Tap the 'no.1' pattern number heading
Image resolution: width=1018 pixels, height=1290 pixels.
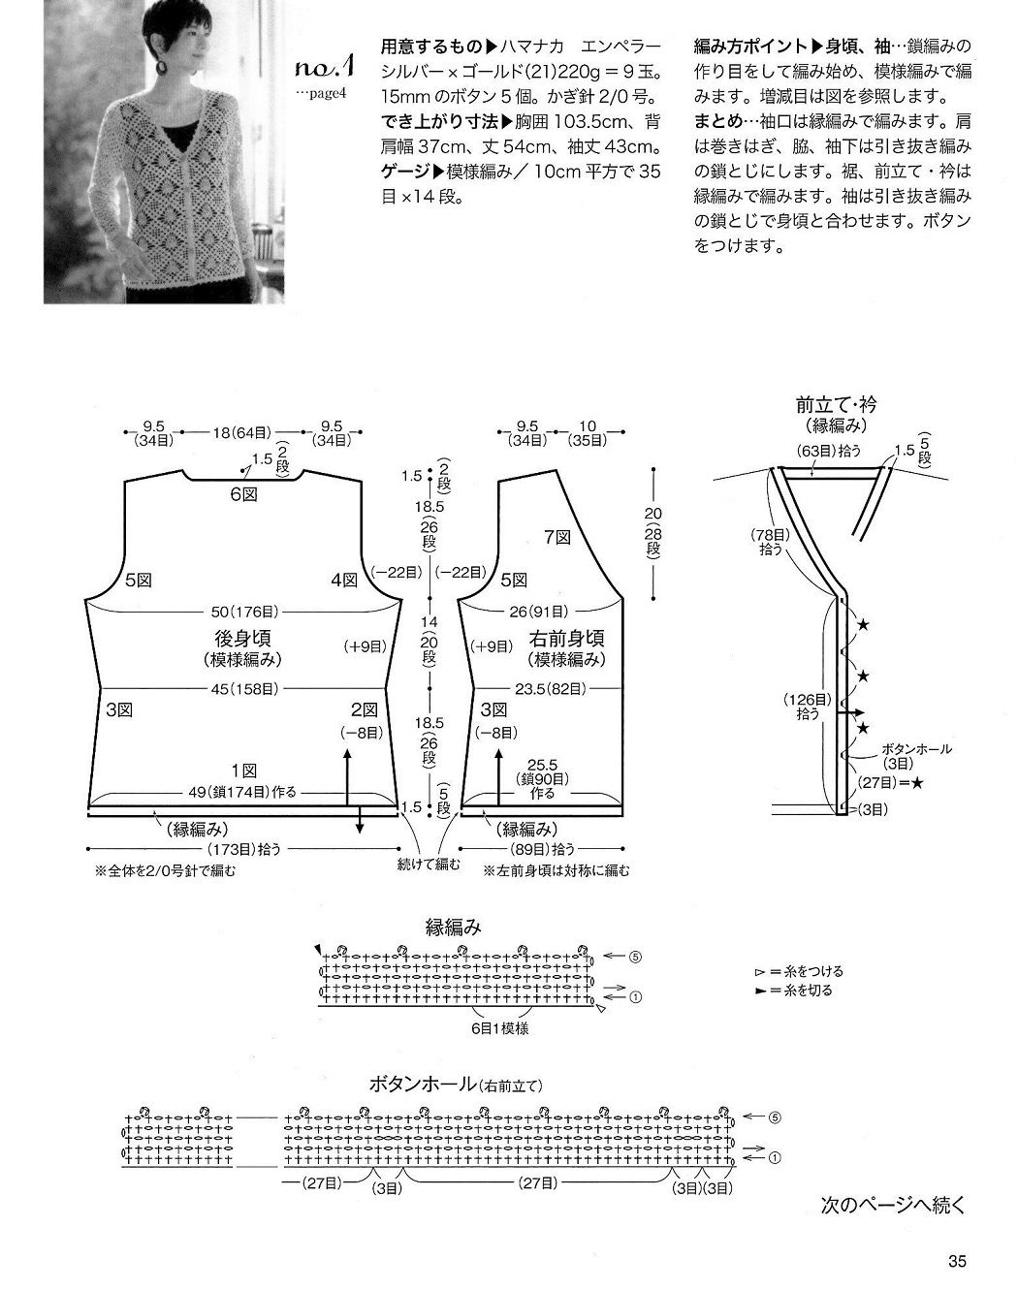(325, 68)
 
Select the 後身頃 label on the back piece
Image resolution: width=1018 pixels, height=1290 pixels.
(242, 638)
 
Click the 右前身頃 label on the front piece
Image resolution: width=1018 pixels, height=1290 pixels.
(566, 638)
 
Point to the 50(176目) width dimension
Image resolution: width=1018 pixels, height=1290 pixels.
(244, 612)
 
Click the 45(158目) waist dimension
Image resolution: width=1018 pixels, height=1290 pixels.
(244, 689)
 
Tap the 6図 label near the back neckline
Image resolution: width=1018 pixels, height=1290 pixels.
(244, 494)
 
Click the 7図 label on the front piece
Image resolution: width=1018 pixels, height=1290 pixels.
(557, 538)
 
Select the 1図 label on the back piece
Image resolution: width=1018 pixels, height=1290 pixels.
(244, 771)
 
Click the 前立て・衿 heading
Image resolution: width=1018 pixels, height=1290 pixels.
(837, 405)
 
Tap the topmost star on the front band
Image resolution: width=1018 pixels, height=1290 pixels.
(863, 626)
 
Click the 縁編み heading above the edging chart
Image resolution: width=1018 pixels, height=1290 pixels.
(454, 928)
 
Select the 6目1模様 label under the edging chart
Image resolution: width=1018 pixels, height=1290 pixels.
(499, 1028)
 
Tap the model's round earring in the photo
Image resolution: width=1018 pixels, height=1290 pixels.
(163, 68)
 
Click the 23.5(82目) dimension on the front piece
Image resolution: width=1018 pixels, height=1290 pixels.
(550, 689)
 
